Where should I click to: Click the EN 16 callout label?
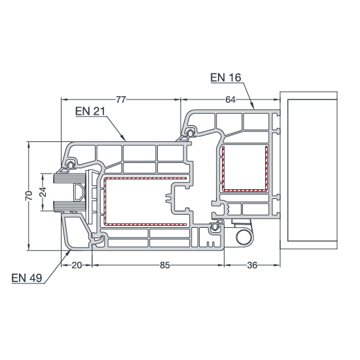(226, 78)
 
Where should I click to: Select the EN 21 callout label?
(90, 111)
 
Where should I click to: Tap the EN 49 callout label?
(27, 278)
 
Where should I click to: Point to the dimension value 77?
(121, 100)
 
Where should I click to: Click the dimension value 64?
(230, 100)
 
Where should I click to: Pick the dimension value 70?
(29, 196)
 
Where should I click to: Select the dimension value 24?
(43, 192)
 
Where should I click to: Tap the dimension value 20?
(77, 265)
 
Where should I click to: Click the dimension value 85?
(164, 265)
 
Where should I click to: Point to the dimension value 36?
(252, 265)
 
